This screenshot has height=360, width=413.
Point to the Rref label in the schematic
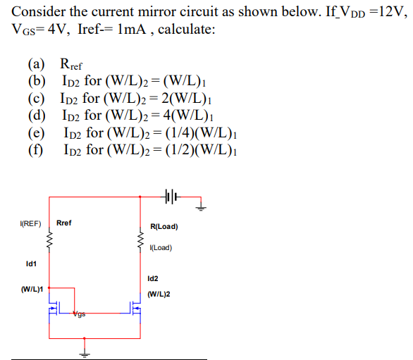63,223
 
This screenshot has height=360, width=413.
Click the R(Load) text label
164,227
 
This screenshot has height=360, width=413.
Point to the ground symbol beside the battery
202,206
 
